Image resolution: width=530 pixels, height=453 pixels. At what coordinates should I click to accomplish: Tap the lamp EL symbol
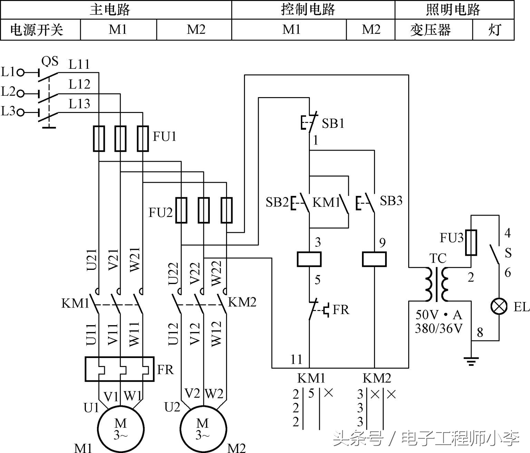[499, 306]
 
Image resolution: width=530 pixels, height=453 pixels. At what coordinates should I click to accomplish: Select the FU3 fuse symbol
[471, 242]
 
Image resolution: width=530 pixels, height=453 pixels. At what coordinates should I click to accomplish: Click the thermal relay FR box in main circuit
[119, 369]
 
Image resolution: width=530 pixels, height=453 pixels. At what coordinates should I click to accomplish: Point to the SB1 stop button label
[333, 123]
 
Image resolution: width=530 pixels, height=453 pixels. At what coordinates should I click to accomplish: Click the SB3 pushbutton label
[391, 201]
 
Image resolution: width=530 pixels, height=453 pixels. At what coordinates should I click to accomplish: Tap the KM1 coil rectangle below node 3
[309, 259]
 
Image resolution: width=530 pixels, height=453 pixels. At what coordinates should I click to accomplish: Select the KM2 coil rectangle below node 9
[374, 259]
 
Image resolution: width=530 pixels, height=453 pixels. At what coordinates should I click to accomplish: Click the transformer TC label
[438, 258]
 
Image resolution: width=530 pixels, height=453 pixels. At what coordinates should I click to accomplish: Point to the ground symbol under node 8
[471, 361]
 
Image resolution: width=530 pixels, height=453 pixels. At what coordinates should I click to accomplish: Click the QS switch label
[50, 61]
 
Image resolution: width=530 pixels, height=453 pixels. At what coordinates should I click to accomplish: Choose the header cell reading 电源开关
[37, 30]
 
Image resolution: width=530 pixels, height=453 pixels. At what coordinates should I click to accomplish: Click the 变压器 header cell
[430, 30]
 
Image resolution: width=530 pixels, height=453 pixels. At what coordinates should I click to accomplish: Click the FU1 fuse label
[165, 137]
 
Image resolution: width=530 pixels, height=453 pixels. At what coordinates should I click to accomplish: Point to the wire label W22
[216, 273]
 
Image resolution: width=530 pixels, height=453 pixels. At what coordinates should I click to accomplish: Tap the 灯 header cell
[494, 30]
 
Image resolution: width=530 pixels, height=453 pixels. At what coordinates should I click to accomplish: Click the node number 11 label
[296, 359]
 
